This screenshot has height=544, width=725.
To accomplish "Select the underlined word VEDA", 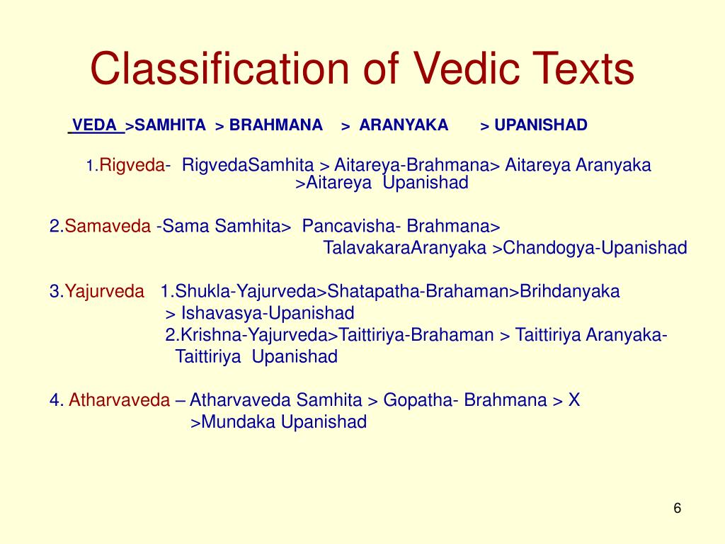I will [96, 125].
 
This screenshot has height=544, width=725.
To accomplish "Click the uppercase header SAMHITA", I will [170, 125].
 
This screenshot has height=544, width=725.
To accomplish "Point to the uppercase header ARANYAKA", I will [404, 125].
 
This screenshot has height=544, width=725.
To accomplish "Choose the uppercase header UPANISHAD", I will [541, 125].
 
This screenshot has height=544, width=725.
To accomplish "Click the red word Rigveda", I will [132, 166].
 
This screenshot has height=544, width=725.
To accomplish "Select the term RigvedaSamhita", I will [248, 166].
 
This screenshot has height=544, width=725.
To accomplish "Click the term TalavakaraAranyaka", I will [404, 248].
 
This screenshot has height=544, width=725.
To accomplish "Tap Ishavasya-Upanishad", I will [268, 313].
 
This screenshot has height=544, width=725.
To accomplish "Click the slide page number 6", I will [677, 509].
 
